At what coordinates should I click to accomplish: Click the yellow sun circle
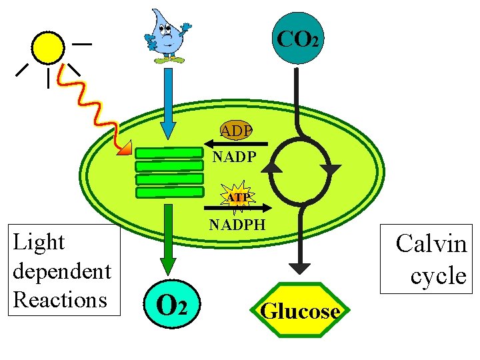[x=48, y=47]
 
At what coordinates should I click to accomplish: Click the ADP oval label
[x=237, y=131]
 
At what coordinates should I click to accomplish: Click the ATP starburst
[x=237, y=197]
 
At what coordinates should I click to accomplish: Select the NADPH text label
[x=237, y=225]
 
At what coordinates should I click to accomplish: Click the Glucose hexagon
[x=300, y=311]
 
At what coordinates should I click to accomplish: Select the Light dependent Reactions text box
[x=61, y=270]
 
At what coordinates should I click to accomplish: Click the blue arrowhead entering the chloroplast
[x=169, y=127]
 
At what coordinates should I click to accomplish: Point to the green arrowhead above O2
[x=169, y=265]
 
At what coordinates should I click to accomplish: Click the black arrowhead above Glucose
[x=300, y=268]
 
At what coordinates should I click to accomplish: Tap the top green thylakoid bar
[x=169, y=153]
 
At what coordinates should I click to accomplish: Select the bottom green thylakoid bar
[x=169, y=192]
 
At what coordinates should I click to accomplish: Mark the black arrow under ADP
[x=236, y=144]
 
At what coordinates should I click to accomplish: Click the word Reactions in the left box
[x=60, y=299]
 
